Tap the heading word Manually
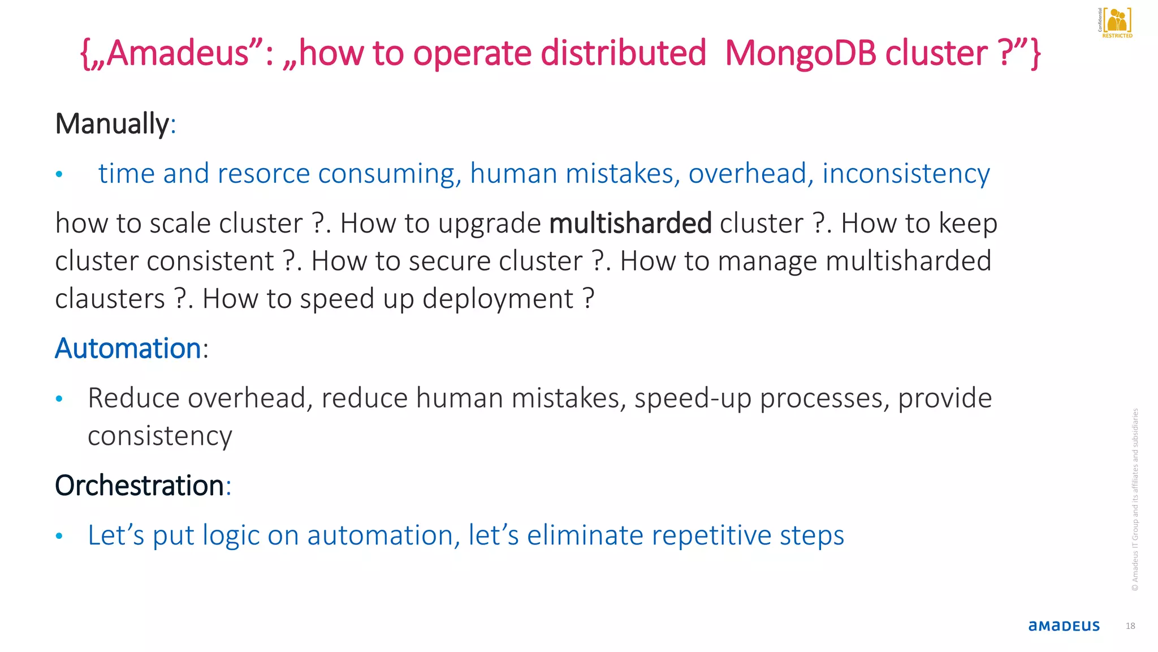[x=112, y=123]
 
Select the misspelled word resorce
[x=263, y=173]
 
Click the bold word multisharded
[x=630, y=223]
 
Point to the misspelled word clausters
[x=110, y=299]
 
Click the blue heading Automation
[x=128, y=348]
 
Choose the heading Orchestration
[x=139, y=486]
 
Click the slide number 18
[x=1130, y=626]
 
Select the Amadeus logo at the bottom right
[x=1064, y=626]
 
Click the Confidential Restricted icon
[x=1115, y=23]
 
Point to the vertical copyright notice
[x=1135, y=499]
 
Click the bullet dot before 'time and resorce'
[x=59, y=174]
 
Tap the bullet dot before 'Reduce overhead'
[x=59, y=399]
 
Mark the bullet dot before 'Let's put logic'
[x=59, y=536]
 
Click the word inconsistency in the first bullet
[x=906, y=173]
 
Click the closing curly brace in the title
[x=1035, y=54]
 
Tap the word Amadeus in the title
[x=178, y=53]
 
